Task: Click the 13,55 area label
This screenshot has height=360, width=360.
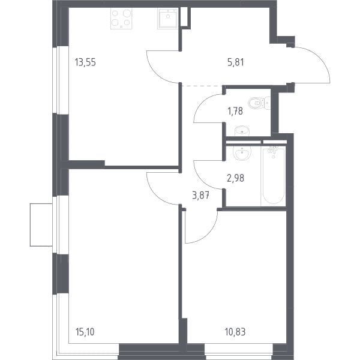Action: (85, 62)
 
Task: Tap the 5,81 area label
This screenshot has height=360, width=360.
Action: (236, 62)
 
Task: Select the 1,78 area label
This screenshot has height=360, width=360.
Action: (235, 112)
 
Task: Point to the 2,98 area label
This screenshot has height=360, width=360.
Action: (235, 178)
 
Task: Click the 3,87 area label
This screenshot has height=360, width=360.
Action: (200, 196)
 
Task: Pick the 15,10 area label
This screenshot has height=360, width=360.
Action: (85, 332)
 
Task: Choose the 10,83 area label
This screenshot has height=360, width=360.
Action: (235, 332)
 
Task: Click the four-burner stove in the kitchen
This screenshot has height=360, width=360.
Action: (121, 19)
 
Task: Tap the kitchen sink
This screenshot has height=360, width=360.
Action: (168, 19)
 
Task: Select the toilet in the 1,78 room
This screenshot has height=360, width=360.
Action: (259, 103)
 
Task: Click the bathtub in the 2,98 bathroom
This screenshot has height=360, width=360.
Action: (273, 176)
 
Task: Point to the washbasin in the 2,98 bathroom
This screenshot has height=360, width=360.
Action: (242, 152)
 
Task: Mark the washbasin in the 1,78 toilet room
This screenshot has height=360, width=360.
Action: (242, 131)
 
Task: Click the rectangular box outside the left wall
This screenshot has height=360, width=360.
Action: (41, 225)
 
